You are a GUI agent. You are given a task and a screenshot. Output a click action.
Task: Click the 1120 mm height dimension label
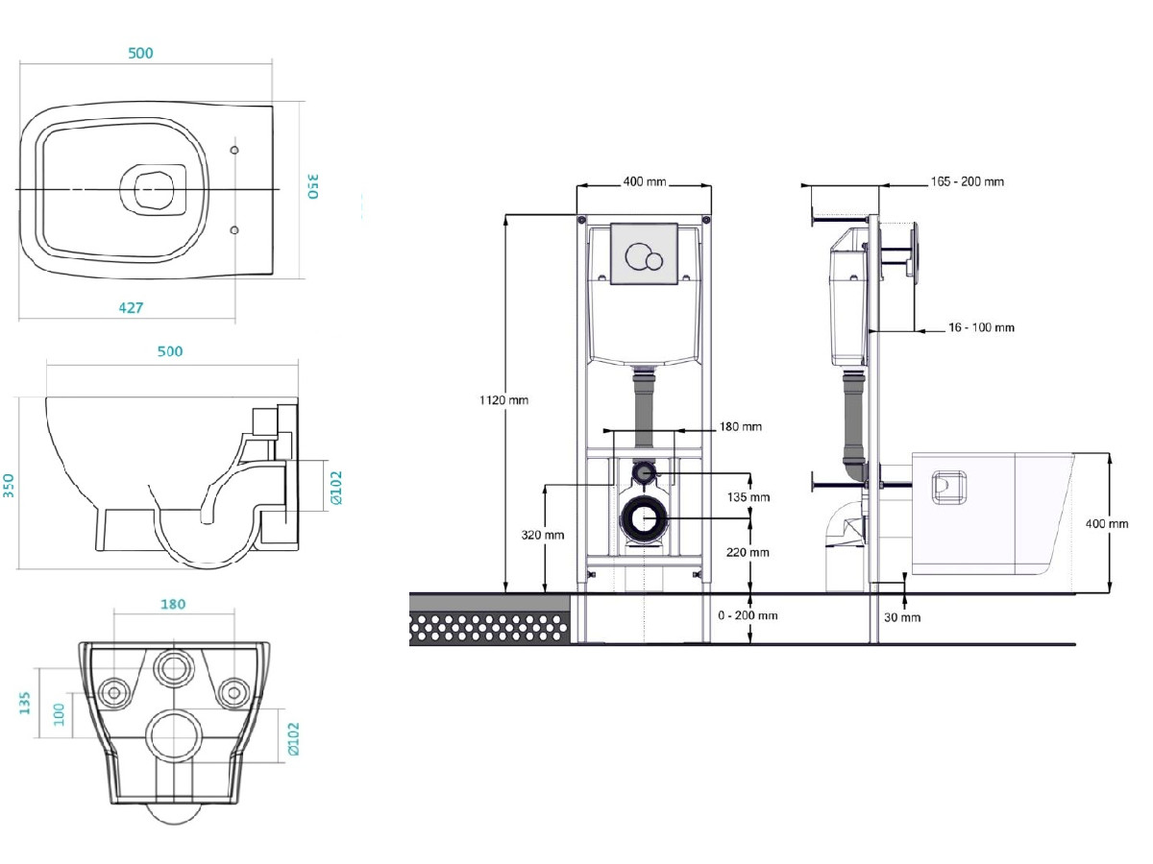[x=503, y=400]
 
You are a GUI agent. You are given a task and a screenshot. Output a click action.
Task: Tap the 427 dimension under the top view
[x=131, y=307]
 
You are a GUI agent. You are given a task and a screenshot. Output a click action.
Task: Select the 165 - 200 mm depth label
[x=967, y=181]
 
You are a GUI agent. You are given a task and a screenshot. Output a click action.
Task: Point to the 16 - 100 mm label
[x=981, y=327]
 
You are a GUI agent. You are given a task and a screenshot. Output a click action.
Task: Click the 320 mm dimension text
[x=543, y=535]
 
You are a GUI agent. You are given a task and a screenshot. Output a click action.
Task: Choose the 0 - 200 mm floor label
[x=748, y=614]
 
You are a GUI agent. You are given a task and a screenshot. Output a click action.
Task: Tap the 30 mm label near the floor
[x=902, y=617]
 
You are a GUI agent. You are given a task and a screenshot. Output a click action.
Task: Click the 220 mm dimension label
[x=748, y=552]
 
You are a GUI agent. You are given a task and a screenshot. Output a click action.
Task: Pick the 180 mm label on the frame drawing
[x=740, y=426]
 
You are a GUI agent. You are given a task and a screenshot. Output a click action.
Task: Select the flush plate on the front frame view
[x=644, y=253]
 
